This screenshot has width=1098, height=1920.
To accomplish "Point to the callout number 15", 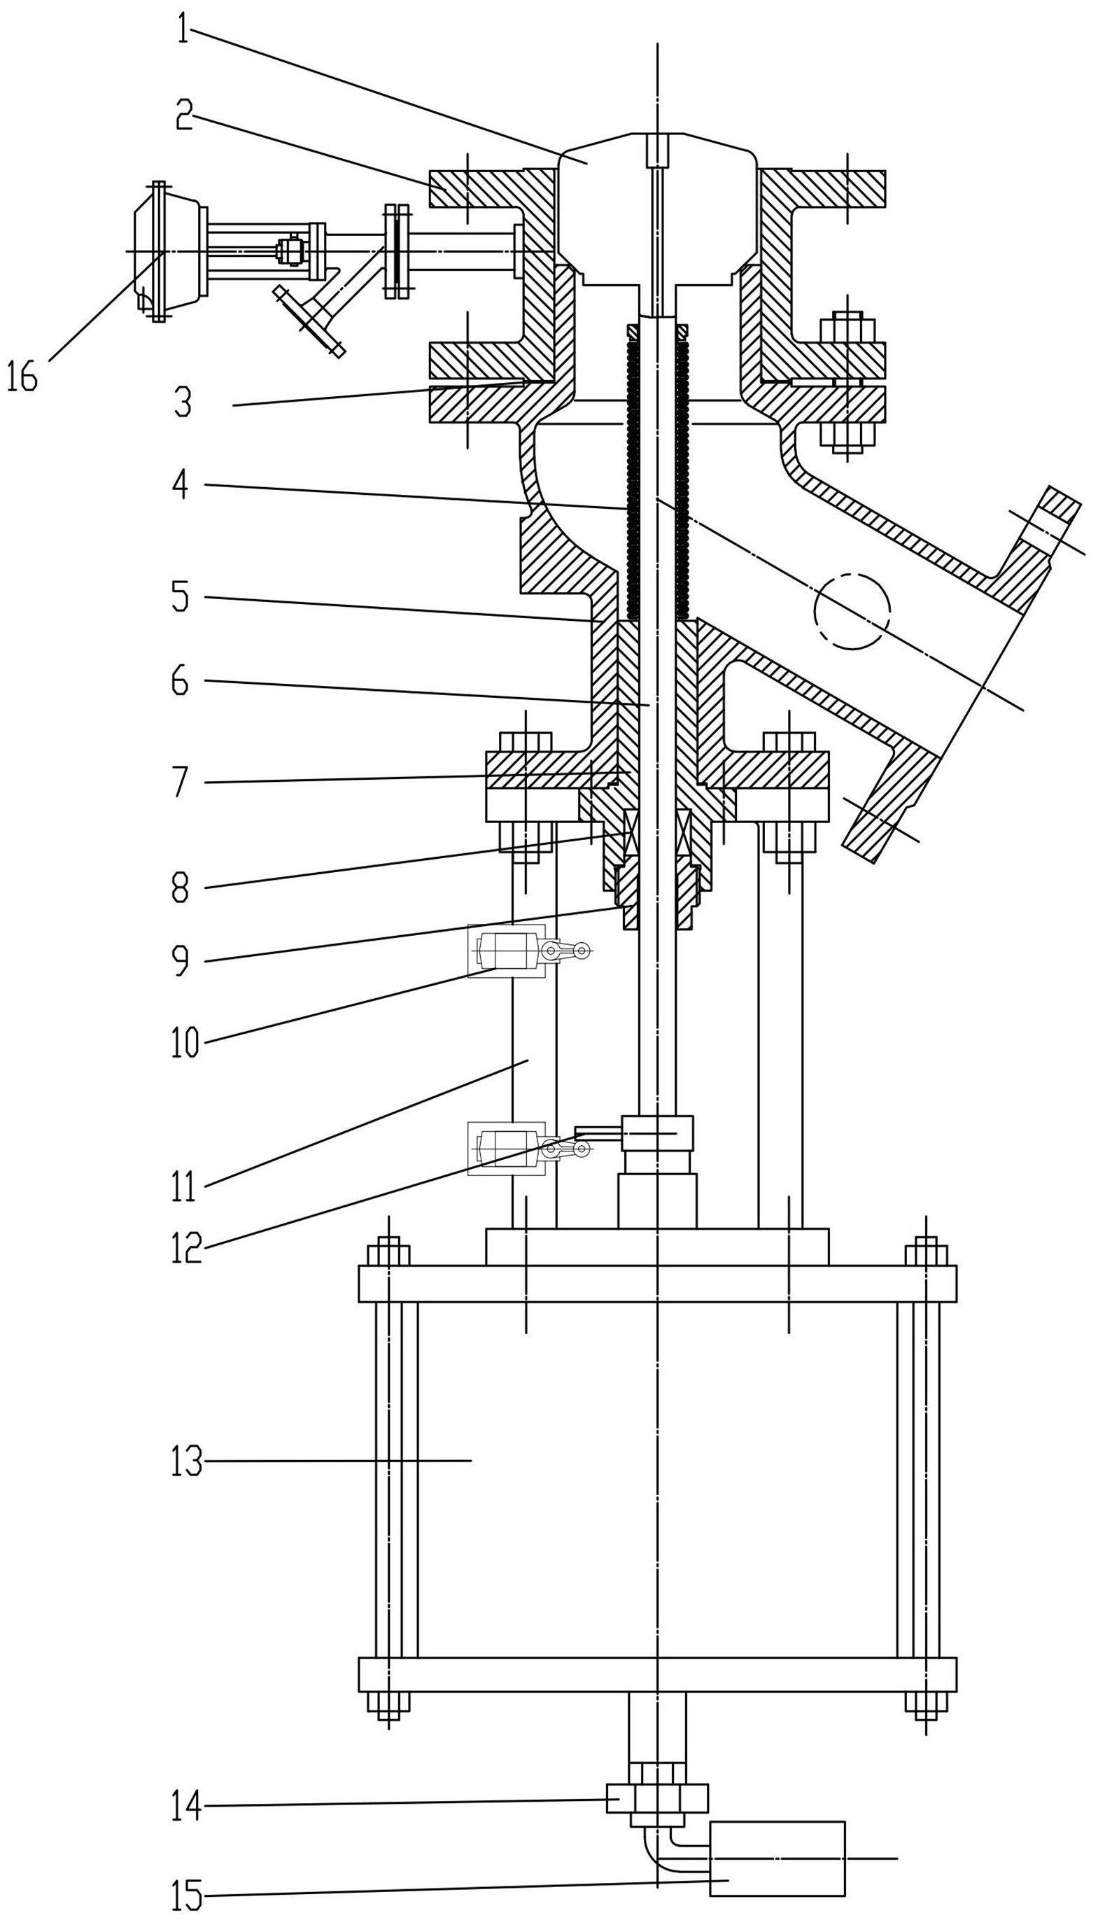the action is pyautogui.click(x=186, y=1895).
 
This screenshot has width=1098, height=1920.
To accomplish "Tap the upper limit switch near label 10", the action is pyautogui.click(x=528, y=952).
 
